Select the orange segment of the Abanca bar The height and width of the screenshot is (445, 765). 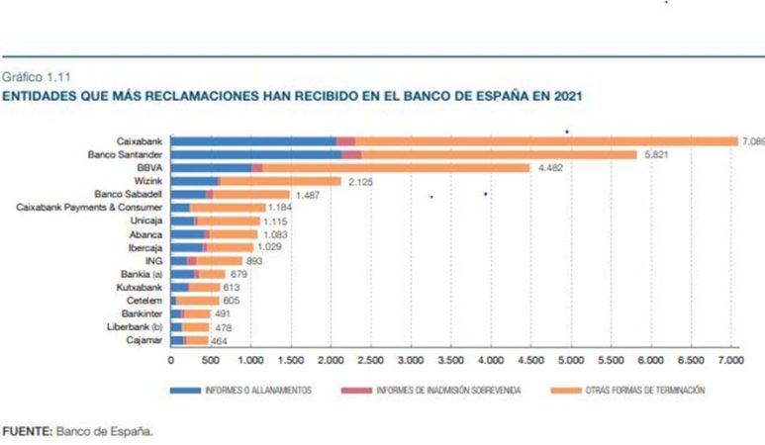[234, 234]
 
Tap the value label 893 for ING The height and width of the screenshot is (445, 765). [231, 261]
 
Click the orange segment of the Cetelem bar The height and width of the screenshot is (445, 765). [198, 301]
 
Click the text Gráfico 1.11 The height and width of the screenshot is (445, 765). [36, 75]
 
